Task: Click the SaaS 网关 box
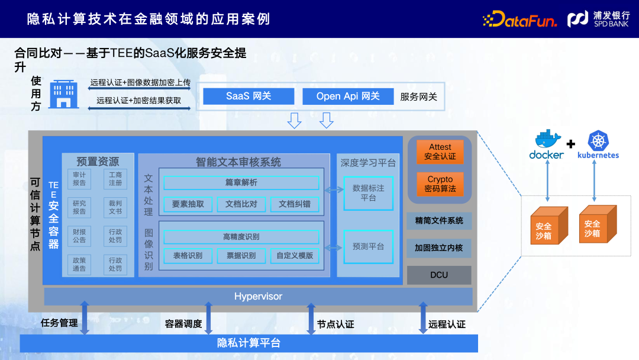[248, 96]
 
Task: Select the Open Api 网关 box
[348, 96]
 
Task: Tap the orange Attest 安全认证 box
[440, 152]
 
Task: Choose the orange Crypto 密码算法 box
[440, 184]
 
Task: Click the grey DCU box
[439, 275]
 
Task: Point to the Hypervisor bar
[258, 296]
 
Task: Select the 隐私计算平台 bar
[248, 343]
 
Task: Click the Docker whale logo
[547, 141]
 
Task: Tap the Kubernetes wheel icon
[598, 141]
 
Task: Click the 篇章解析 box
[241, 183]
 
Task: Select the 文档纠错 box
[294, 204]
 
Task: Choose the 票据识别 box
[241, 256]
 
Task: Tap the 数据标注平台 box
[369, 193]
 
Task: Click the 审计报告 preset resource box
[79, 179]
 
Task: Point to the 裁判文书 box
[115, 207]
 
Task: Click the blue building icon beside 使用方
[63, 94]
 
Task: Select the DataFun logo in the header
[519, 20]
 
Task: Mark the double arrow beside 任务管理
[85, 318]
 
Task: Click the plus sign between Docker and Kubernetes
[571, 144]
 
